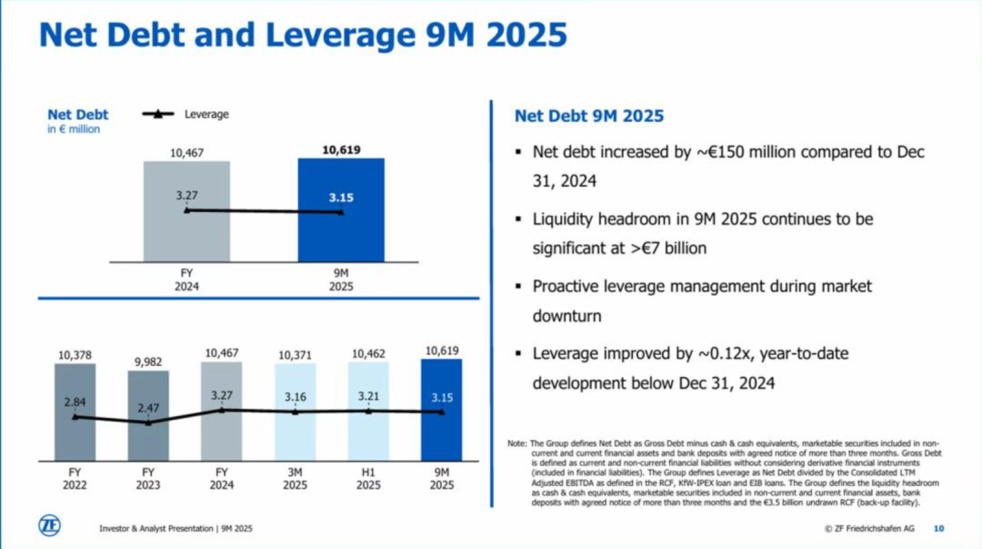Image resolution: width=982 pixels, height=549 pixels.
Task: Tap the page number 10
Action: point(939,528)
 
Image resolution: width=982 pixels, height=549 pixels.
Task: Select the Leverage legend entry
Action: point(185,115)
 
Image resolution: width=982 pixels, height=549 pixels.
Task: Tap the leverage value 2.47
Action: point(149,407)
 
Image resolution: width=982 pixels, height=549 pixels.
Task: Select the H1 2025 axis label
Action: point(368,479)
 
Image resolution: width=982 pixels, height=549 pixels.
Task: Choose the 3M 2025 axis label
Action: point(295,479)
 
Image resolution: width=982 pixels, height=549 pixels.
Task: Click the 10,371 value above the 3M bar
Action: point(295,353)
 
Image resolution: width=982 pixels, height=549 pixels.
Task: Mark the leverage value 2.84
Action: point(75,401)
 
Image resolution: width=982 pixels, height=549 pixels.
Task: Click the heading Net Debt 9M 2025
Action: point(589,117)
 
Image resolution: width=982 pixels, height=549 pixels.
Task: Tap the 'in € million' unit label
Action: point(74,129)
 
